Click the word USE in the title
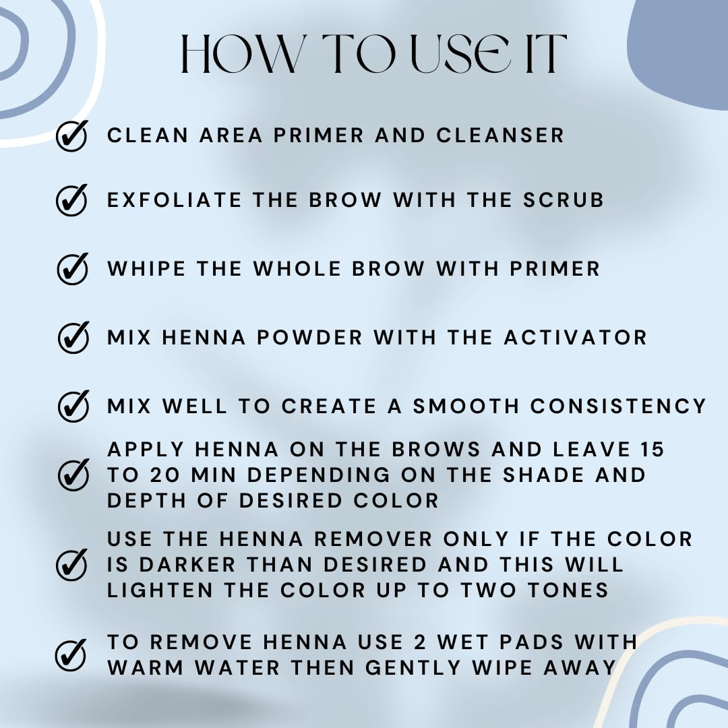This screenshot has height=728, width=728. tap(462, 53)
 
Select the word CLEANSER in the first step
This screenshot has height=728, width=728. tap(500, 135)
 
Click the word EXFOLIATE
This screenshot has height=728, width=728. tap(175, 200)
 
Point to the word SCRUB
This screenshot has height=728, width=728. tap(563, 200)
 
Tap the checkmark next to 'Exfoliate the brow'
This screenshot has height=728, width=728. tap(72, 200)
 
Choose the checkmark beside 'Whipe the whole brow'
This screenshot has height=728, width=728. tap(72, 268)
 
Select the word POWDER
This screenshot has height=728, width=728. tap(309, 338)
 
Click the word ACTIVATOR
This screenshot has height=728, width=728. tap(575, 338)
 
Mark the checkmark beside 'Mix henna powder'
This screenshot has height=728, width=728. tap(73, 338)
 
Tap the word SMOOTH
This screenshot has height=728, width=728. tap(466, 406)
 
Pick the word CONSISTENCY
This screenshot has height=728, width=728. tap(618, 406)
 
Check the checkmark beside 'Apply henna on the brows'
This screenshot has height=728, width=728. tap(73, 475)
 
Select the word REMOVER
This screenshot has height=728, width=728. tap(373, 539)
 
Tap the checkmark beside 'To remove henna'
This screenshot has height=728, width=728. tap(71, 655)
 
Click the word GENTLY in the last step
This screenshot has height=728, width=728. tap(413, 667)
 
